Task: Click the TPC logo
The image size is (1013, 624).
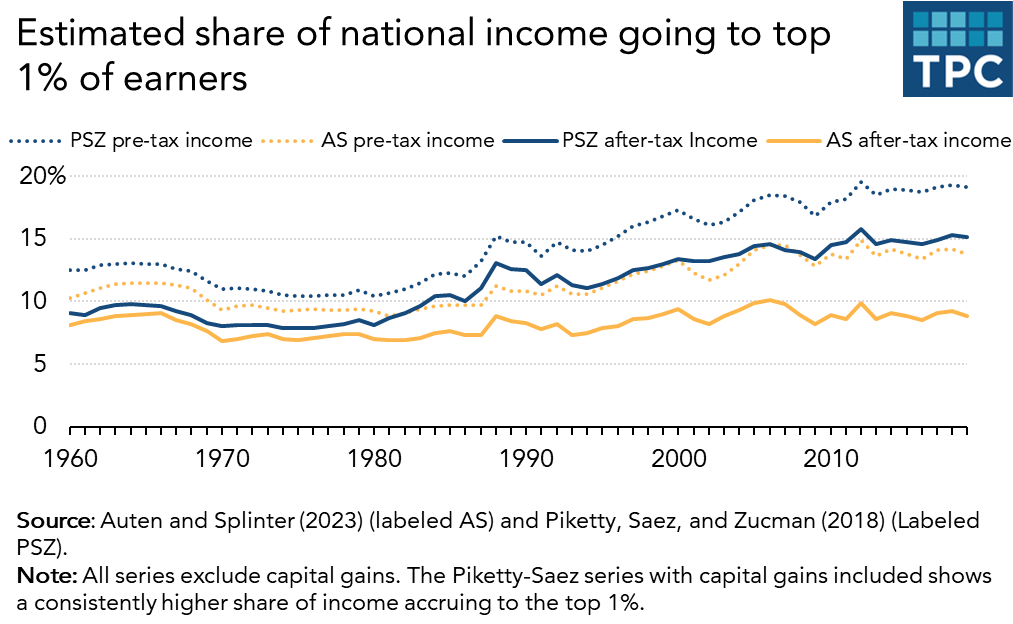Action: [954, 49]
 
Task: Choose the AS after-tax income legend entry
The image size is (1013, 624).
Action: [918, 140]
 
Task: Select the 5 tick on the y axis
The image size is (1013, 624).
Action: [38, 364]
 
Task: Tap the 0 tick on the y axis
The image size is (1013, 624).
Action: [38, 426]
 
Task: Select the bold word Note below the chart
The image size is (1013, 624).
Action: [40, 578]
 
